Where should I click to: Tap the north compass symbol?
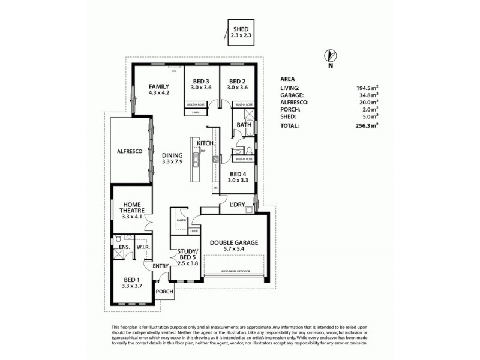point(329,57)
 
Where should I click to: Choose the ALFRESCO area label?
point(129,152)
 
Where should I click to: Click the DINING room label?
point(172,155)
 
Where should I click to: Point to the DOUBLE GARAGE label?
point(234,242)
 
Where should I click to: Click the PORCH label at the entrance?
point(164,292)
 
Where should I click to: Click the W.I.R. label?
point(142,247)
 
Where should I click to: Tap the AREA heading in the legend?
point(288,79)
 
